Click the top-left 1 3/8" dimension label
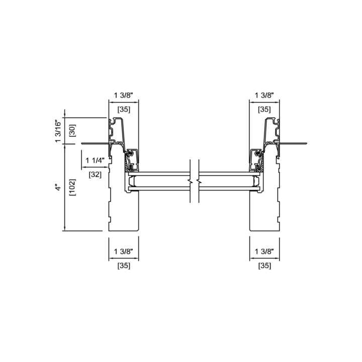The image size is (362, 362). pyautogui.click(x=124, y=95)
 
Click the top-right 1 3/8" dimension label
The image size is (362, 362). pyautogui.click(x=264, y=95)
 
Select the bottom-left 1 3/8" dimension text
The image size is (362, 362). pyautogui.click(x=124, y=251)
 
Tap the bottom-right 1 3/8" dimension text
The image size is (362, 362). pyautogui.click(x=264, y=251)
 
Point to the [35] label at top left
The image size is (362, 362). pyautogui.click(x=124, y=109)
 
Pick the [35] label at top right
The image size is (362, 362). pyautogui.click(x=264, y=109)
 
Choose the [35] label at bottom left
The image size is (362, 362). pyautogui.click(x=124, y=266)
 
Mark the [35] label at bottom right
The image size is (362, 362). pyautogui.click(x=264, y=266)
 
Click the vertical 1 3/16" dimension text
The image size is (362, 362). pyautogui.click(x=58, y=131)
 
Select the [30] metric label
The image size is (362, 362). pyautogui.click(x=72, y=131)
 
